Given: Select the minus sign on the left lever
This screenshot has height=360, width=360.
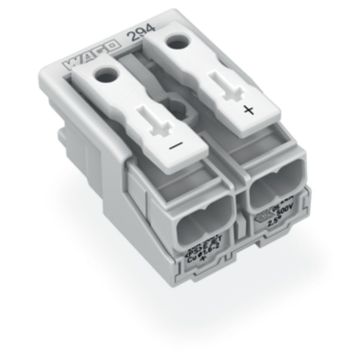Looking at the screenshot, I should click(175, 145).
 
